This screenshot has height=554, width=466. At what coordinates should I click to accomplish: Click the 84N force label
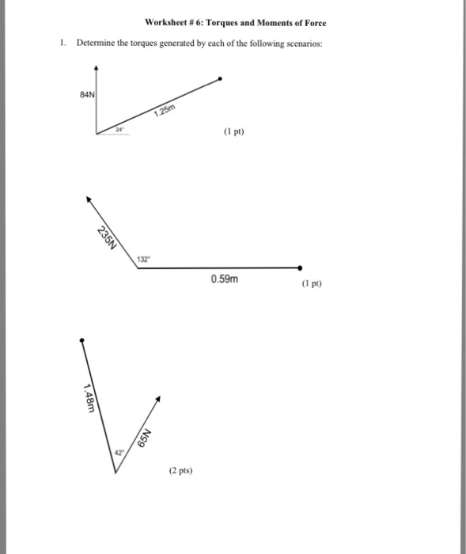click(x=87, y=94)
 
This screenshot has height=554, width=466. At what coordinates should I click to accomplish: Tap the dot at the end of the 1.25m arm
click(x=220, y=78)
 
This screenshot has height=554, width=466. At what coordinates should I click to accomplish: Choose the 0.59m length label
click(x=224, y=279)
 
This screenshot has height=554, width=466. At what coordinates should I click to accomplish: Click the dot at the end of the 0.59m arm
click(x=300, y=268)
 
